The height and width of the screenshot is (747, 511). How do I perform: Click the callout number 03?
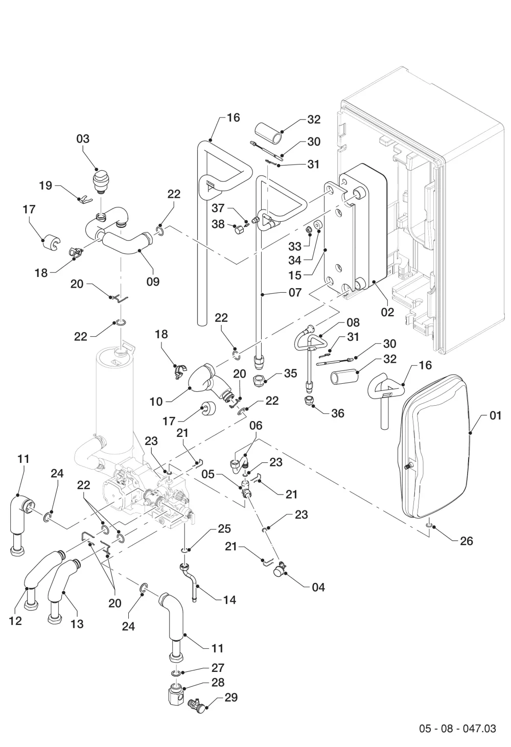tap(83, 138)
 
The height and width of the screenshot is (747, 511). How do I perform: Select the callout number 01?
tap(495, 415)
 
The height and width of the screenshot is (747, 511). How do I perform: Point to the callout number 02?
tap(387, 312)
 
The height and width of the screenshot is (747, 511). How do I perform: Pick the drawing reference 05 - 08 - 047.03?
tap(457, 728)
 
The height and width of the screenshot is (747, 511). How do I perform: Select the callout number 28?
tap(218, 682)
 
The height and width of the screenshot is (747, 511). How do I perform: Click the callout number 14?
tap(229, 600)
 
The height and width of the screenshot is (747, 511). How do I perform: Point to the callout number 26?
tap(467, 541)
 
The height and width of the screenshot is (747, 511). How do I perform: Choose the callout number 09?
tap(153, 282)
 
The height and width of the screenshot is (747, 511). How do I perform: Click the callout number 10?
tap(156, 402)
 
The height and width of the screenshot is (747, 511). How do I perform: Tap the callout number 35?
tap(291, 373)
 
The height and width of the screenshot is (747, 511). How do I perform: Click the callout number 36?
tap(338, 413)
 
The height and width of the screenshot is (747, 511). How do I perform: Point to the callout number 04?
tap(318, 587)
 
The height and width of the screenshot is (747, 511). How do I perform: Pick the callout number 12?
tap(15, 621)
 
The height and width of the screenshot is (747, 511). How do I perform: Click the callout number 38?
tap(219, 224)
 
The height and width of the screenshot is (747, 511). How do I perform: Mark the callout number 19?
tap(45, 185)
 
